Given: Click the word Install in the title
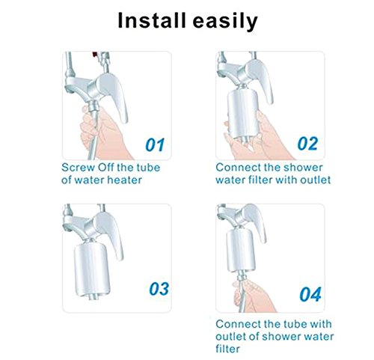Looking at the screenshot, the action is click(x=152, y=20).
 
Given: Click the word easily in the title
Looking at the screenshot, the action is click(x=225, y=22).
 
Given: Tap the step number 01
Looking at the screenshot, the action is click(x=155, y=144).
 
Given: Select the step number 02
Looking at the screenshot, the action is click(x=308, y=144).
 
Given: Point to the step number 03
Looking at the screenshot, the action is click(x=159, y=289).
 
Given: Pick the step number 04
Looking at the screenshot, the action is click(x=310, y=294).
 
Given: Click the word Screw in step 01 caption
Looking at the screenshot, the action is click(x=78, y=168).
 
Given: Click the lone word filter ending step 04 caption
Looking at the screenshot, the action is click(x=227, y=349).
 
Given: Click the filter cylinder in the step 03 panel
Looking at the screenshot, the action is click(x=91, y=269).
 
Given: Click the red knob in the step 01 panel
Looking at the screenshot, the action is click(x=95, y=54).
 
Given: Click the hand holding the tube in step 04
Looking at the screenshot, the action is click(x=252, y=297).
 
